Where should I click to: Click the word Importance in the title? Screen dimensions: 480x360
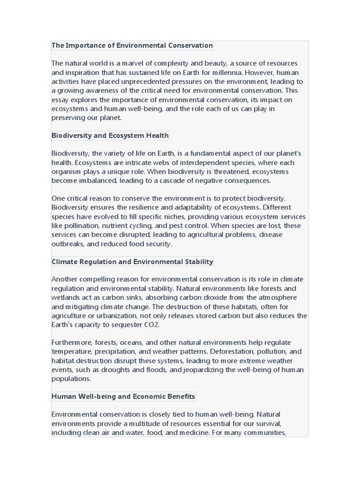84,45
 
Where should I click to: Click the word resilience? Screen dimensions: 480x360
141,208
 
